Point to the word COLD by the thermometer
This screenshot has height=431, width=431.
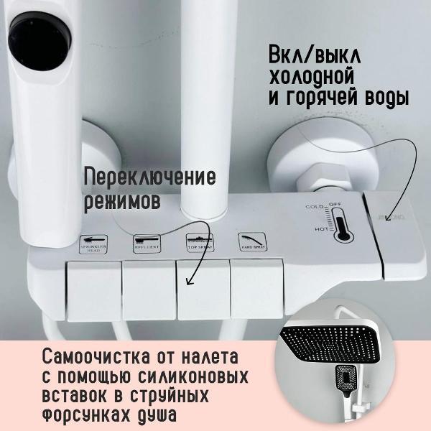pos(314,207)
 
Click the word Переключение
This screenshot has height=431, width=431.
pos(149,177)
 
